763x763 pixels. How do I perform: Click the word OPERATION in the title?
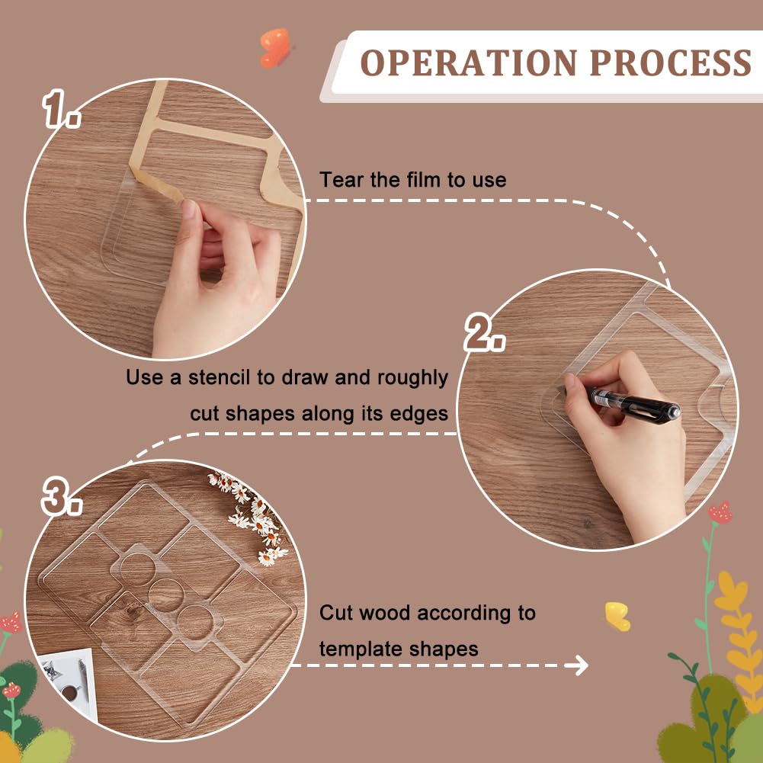469,63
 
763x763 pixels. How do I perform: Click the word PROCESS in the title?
671,63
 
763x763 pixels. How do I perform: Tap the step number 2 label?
484,332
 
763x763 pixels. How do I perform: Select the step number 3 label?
61,496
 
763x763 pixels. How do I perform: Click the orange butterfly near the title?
275,48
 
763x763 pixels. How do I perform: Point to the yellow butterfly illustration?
617,616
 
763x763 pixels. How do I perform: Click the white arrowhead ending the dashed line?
579,665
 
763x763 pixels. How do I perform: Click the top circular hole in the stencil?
137,569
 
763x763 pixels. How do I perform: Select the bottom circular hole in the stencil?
194,621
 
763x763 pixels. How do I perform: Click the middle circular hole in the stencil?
166,595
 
